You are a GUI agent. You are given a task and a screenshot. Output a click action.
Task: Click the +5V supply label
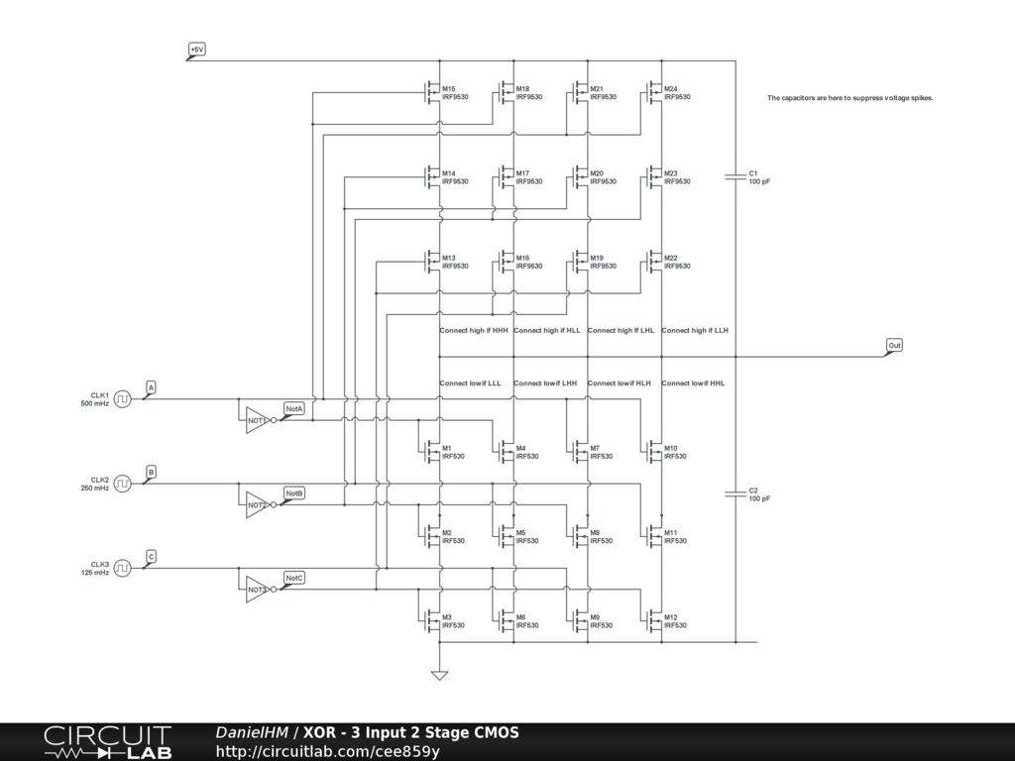(x=196, y=49)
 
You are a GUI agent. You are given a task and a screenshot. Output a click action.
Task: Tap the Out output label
(x=894, y=346)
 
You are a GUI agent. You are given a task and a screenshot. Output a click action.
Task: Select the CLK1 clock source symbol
(x=122, y=399)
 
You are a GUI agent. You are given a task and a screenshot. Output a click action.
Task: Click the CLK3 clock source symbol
(x=122, y=568)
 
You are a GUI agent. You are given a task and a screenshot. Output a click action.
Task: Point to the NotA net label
(x=293, y=408)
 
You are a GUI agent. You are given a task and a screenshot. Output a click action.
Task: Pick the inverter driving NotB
(x=257, y=503)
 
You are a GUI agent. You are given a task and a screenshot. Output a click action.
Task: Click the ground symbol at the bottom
(x=439, y=676)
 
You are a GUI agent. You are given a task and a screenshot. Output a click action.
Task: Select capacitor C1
(x=735, y=177)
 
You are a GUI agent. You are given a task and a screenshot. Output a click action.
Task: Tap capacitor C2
(x=735, y=494)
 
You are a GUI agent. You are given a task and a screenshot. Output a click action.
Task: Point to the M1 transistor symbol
(x=432, y=453)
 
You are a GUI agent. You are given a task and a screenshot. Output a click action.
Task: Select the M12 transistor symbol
(x=654, y=621)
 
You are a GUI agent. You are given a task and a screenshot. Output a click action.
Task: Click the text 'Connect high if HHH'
(x=474, y=330)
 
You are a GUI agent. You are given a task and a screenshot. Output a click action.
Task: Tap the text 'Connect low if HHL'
(x=693, y=382)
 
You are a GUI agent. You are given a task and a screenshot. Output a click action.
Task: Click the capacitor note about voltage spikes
(x=849, y=98)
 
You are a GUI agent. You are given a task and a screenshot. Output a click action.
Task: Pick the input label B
(x=151, y=472)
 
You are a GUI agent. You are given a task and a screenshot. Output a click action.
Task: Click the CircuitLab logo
(x=107, y=742)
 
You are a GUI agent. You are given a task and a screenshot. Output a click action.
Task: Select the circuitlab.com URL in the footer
(x=327, y=751)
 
